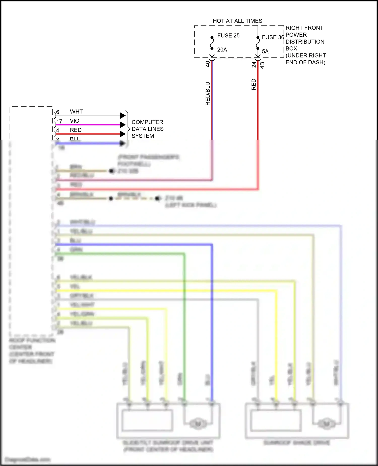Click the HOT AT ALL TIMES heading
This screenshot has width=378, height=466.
click(x=237, y=21)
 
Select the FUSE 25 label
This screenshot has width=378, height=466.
click(x=228, y=36)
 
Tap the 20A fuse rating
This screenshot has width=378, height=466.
click(x=222, y=50)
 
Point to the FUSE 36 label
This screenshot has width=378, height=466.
click(x=273, y=37)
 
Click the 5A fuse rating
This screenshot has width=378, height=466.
click(x=265, y=51)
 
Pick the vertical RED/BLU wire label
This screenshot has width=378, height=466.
click(x=208, y=93)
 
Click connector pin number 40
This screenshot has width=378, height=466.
click(x=208, y=64)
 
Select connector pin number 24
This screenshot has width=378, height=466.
click(x=254, y=65)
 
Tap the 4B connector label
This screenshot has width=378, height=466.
click(x=262, y=65)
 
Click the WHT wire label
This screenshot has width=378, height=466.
click(x=76, y=112)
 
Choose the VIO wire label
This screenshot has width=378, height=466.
click(x=75, y=121)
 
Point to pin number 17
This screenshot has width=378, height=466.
click(x=59, y=121)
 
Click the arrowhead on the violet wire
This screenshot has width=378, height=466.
click(x=123, y=125)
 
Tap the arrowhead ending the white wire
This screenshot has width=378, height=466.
click(x=123, y=116)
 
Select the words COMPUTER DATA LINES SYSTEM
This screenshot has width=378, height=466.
click(x=147, y=129)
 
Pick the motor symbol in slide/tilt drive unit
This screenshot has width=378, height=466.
click(x=198, y=423)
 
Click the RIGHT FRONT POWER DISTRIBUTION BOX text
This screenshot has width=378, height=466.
click(x=305, y=45)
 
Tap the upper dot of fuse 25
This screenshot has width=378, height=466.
click(x=212, y=38)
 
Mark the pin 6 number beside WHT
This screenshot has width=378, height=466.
click(x=58, y=112)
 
